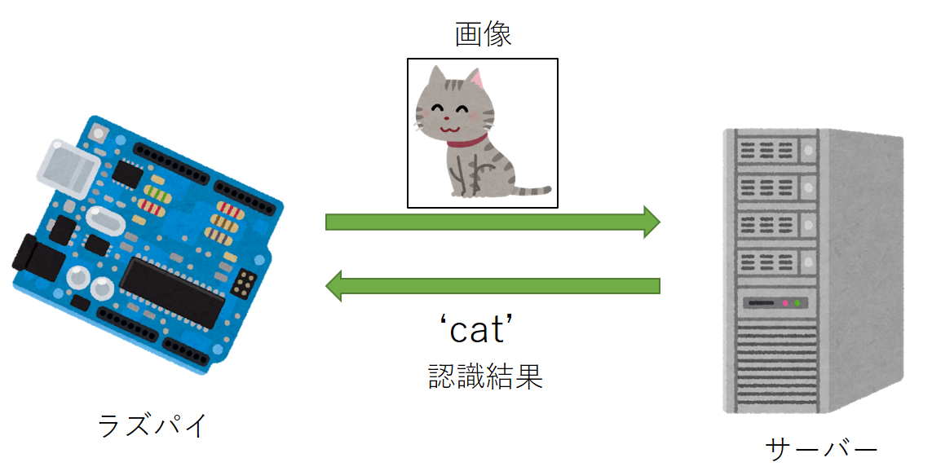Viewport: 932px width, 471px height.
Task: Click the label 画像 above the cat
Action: point(484,34)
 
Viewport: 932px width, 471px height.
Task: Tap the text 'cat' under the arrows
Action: point(481,330)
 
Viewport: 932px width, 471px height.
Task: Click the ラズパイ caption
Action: point(152,425)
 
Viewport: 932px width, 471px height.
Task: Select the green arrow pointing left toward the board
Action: point(493,285)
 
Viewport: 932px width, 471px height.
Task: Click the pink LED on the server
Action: point(786,303)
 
